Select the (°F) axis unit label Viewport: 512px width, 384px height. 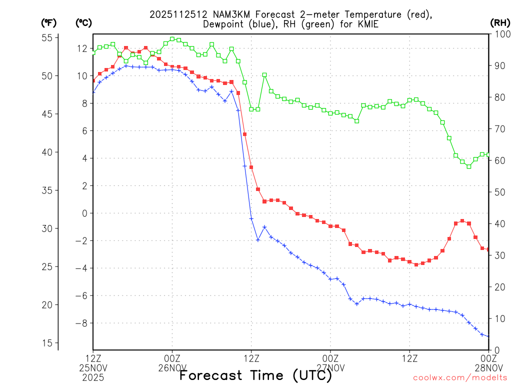(49, 22)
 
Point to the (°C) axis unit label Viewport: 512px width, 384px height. (84, 22)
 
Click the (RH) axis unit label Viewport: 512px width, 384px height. (499, 22)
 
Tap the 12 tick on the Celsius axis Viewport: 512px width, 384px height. (82, 48)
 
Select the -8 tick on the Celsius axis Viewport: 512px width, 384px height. (80, 323)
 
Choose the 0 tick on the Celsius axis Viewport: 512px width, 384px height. (84, 213)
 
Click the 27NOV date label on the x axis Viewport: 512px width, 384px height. (330, 368)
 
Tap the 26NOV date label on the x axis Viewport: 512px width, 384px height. (172, 368)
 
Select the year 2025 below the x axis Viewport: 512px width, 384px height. (93, 377)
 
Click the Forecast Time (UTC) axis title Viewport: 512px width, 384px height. (255, 375)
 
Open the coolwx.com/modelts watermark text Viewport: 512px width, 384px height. (459, 377)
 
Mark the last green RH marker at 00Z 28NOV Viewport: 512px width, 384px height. (488, 154)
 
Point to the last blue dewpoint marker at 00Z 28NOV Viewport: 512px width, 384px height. (488, 336)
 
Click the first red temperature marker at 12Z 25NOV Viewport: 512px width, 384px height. (93, 80)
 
